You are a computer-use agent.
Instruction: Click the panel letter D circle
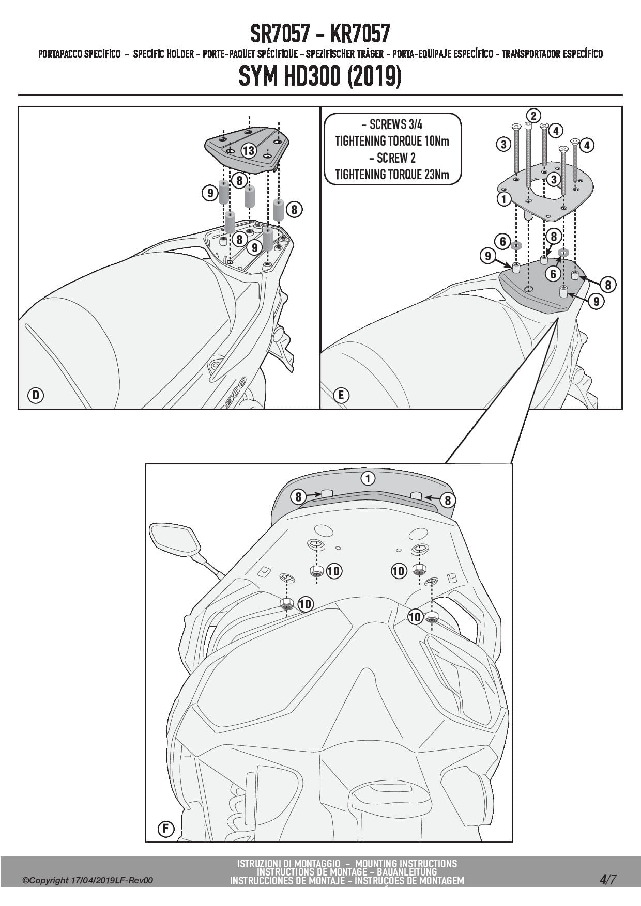pos(36,396)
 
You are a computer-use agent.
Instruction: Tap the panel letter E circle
pos(341,396)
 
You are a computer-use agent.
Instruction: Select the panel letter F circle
pos(166,829)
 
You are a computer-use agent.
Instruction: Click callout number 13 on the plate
pos(249,150)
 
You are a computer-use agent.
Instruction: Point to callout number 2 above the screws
pos(533,115)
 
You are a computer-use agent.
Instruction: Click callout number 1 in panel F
pos(368,478)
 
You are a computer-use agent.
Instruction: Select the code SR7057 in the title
pos(280,34)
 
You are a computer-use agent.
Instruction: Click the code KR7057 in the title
pos(360,34)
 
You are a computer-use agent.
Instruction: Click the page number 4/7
pos(607,880)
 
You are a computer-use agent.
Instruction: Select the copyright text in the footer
pos(88,881)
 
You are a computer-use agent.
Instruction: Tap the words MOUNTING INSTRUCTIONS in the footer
pos(406,864)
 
